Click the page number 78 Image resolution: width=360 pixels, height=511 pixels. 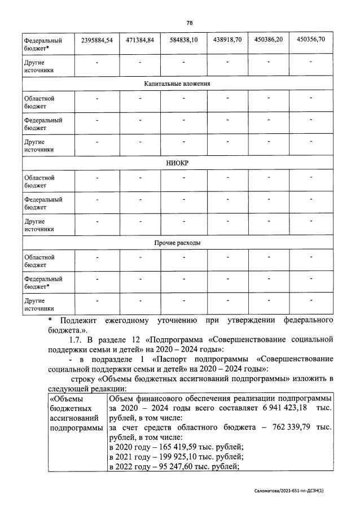coord(189,23)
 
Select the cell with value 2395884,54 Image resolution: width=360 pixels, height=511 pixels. coord(96,40)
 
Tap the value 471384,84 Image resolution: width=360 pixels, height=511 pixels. coord(139,40)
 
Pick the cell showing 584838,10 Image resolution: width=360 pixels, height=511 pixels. coord(183,40)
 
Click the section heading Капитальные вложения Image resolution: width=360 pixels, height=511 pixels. coord(177,84)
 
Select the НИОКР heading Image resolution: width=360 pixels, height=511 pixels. coord(177,163)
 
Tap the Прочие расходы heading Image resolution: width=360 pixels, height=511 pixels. coord(178,243)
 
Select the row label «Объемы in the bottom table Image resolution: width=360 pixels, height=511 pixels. coord(65,399)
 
